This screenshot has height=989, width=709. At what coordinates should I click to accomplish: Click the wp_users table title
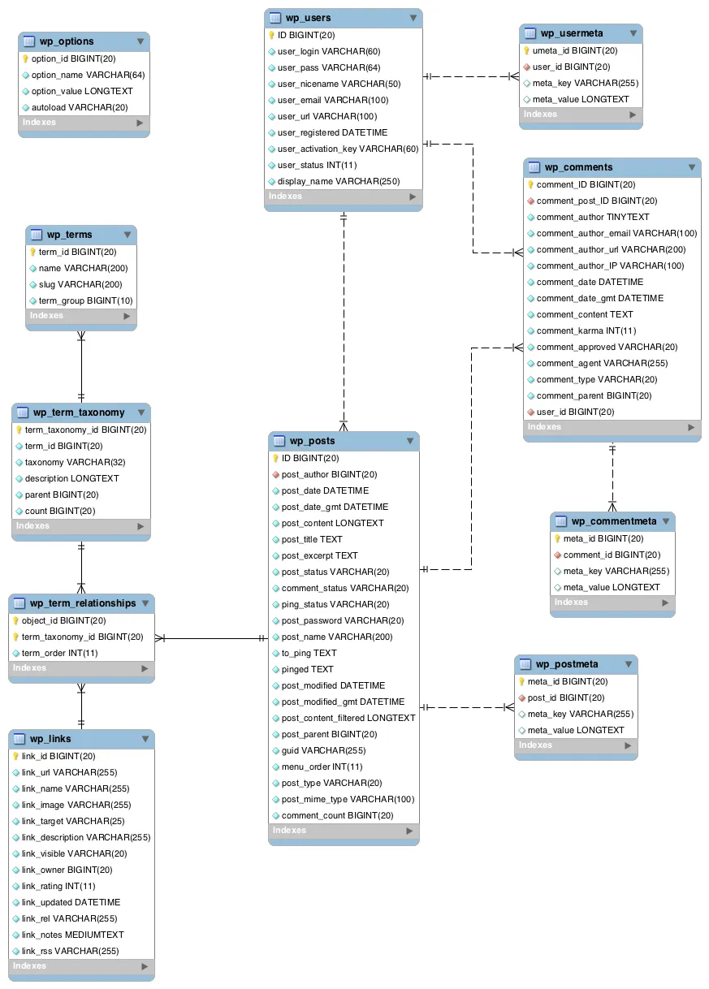308,18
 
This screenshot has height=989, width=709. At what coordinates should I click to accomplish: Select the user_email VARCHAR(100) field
322,101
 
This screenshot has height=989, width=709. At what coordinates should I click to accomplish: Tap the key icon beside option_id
25,58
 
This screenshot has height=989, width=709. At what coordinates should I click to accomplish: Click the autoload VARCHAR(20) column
80,107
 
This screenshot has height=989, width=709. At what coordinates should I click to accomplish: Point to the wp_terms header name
69,235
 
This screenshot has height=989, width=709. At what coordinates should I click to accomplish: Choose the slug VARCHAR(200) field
80,284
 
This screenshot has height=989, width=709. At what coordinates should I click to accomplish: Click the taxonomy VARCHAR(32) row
76,462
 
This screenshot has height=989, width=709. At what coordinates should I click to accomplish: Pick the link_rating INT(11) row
58,886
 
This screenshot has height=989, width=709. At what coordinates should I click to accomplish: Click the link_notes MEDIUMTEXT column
72,935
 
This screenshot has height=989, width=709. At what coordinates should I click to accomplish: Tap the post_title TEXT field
312,539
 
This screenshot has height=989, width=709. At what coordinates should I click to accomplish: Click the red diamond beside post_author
275,474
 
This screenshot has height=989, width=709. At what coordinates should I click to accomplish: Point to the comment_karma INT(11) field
586,330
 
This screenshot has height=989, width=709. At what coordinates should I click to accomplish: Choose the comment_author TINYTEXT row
593,217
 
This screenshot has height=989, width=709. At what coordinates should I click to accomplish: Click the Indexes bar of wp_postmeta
575,745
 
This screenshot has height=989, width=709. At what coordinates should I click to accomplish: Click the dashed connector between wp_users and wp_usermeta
471,76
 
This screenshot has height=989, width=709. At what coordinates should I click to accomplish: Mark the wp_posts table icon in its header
279,441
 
